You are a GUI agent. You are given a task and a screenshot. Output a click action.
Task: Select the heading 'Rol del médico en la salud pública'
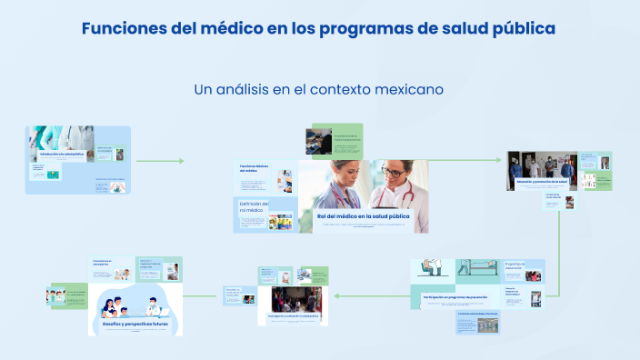[x=363, y=216]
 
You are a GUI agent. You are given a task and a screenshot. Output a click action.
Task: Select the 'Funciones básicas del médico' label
[x=255, y=169]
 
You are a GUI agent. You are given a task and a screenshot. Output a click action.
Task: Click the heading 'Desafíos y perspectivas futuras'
[x=135, y=324]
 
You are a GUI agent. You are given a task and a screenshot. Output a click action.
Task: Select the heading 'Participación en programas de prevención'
[x=455, y=296]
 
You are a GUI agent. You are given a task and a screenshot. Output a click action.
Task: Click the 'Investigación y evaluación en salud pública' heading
[x=298, y=316]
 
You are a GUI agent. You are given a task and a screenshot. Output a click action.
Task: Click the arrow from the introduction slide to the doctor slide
[x=159, y=161]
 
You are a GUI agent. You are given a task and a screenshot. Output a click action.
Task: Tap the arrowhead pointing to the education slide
[x=502, y=161]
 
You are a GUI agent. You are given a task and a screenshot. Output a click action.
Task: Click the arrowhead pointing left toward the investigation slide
[x=337, y=295]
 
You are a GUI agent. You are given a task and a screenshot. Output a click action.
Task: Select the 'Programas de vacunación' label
[x=515, y=265]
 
